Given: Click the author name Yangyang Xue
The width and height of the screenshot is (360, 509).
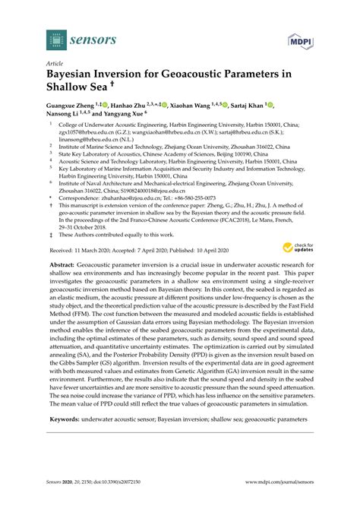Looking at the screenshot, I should tap(127, 118).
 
